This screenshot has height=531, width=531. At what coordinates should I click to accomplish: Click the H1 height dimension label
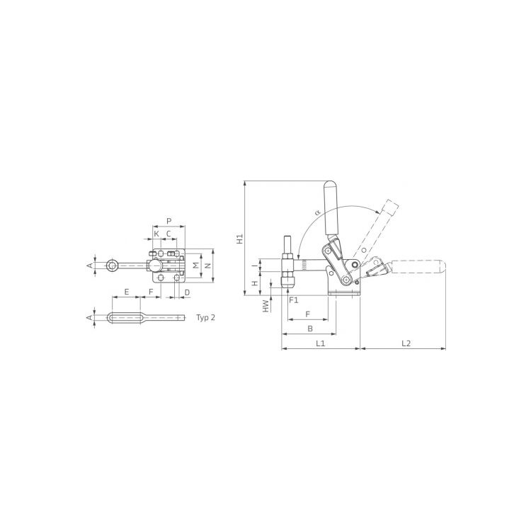240,239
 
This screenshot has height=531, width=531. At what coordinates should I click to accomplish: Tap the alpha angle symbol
317,212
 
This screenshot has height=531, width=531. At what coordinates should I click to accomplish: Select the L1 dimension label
320,343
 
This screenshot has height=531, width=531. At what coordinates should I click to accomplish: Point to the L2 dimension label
406,343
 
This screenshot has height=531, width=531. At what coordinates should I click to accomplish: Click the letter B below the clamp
310,328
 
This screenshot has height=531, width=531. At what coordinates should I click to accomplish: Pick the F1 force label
294,299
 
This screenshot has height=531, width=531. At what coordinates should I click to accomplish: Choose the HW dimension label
266,306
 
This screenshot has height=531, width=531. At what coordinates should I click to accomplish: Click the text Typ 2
205,318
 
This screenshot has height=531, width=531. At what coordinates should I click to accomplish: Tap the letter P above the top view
169,221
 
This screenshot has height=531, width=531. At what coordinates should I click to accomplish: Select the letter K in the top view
156,234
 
